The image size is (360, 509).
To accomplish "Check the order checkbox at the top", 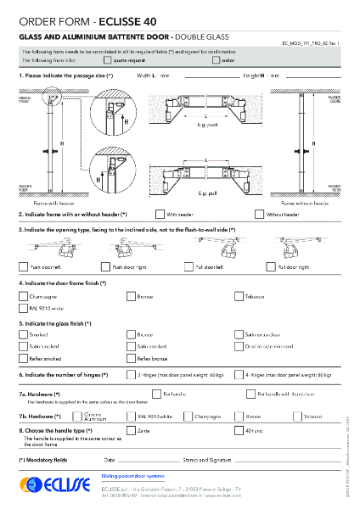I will [x=215, y=61].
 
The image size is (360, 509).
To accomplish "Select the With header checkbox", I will [x=160, y=215].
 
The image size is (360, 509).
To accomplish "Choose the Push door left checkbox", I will [x=23, y=266].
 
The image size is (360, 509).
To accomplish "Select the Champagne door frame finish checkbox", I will [x=23, y=296].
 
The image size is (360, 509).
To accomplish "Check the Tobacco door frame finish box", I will [x=239, y=296].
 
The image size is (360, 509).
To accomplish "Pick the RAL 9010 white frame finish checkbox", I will [x=23, y=309].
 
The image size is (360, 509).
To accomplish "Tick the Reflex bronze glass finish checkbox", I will [x=131, y=359].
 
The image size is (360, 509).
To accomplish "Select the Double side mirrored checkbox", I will [x=239, y=346].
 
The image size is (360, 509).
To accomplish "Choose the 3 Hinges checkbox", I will [x=131, y=374].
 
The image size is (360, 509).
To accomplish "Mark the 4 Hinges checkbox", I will [x=239, y=374].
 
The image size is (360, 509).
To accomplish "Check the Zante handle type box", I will [x=131, y=431].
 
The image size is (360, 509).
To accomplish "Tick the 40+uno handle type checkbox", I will [x=239, y=431].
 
